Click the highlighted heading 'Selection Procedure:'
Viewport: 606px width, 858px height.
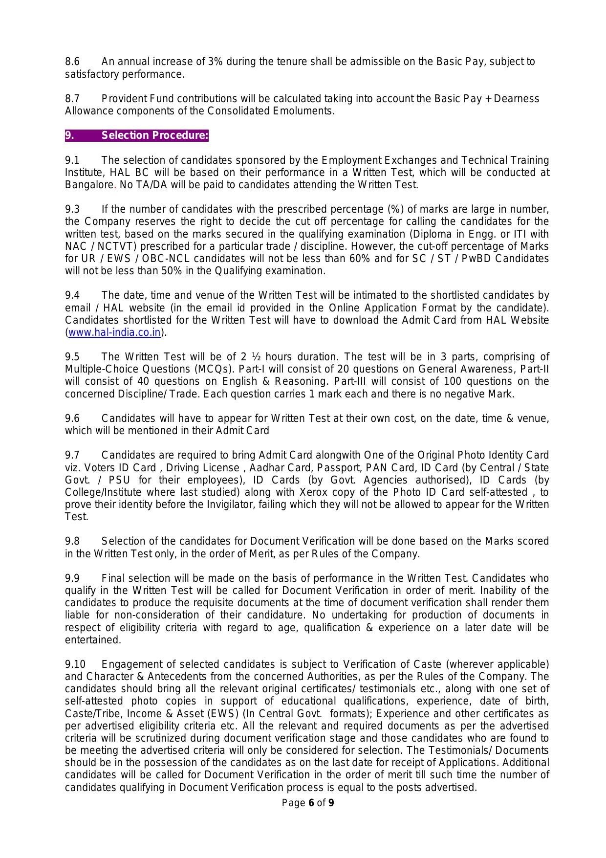[154, 135]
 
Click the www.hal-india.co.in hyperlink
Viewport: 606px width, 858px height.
[114, 332]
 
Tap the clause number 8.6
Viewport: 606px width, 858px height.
[72, 62]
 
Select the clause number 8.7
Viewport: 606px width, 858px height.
[72, 99]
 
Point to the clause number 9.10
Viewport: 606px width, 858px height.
[75, 664]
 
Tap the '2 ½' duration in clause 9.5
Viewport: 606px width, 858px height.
[251, 357]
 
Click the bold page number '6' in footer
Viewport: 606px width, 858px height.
[311, 803]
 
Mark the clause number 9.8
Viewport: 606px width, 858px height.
[72, 541]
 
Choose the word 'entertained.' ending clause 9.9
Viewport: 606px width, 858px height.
[93, 640]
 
